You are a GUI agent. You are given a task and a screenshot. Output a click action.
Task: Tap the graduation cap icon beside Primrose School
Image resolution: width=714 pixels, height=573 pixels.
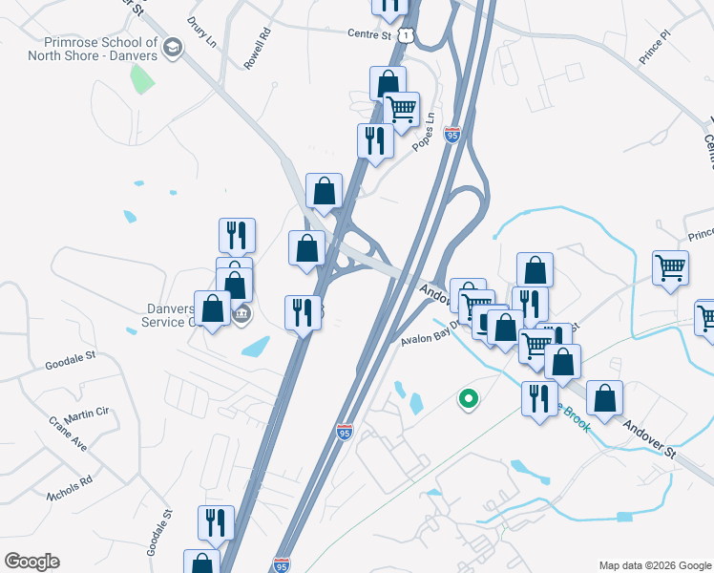coord(173,48)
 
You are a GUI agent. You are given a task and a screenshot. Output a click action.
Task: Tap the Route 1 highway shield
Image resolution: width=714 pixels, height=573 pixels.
coord(408,35)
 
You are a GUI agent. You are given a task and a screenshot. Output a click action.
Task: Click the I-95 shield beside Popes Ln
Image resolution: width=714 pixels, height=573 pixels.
coord(452,135)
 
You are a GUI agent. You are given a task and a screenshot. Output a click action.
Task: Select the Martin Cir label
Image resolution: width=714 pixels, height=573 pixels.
coord(88,412)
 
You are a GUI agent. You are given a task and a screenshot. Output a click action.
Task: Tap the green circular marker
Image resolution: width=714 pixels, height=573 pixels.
coord(468,398)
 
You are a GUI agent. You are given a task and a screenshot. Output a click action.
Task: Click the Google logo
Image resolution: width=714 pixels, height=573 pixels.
coord(31,562)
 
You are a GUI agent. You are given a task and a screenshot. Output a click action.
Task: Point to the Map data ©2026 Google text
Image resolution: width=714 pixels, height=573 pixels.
coord(655,564)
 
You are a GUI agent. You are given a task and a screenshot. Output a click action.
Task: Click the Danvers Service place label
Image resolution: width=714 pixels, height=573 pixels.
coord(168,315)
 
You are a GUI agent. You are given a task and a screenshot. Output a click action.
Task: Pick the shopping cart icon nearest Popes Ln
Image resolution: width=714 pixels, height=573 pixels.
coord(402,109)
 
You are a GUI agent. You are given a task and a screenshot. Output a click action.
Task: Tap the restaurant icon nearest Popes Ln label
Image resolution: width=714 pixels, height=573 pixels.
coord(375,140)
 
